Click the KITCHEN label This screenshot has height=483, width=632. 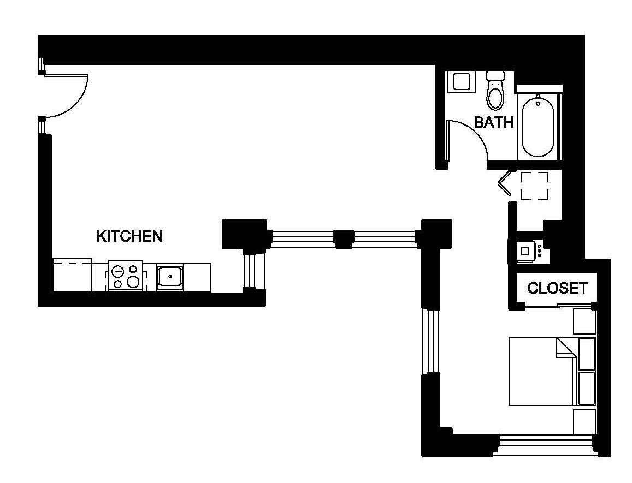[129, 236]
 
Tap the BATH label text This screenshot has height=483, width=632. [494, 122]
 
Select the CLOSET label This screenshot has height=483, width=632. [557, 288]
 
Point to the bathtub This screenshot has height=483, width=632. [538, 127]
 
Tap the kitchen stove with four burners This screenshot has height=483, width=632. [126, 276]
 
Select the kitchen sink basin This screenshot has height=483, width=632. [170, 277]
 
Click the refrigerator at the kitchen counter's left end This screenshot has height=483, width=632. [72, 275]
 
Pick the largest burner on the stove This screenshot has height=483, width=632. [133, 282]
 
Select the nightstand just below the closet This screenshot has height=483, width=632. [584, 321]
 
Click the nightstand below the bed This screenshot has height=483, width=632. [584, 422]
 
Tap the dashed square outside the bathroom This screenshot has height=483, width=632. [534, 186]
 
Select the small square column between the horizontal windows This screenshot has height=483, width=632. [344, 238]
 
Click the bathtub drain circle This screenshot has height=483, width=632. [538, 103]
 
